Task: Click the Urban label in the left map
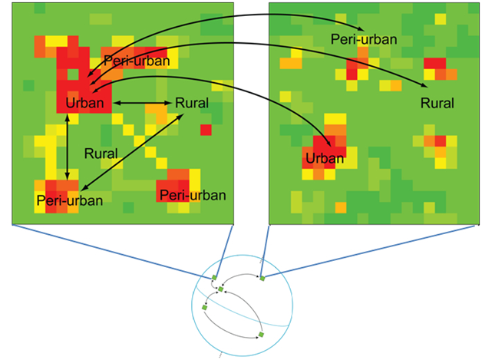click(84, 102)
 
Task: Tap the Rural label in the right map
click(437, 102)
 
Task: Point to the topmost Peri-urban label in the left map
click(136, 61)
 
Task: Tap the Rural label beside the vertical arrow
click(101, 154)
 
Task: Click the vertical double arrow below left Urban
click(68, 146)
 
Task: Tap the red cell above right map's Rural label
click(435, 64)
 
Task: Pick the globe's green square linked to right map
click(262, 277)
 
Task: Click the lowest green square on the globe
click(261, 335)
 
